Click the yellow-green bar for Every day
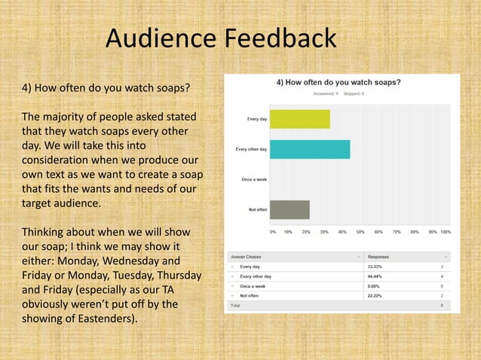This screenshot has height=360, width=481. (x=299, y=119)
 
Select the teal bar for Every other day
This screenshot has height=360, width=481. (x=309, y=149)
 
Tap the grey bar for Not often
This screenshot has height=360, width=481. (x=290, y=209)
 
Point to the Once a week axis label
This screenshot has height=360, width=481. (x=253, y=179)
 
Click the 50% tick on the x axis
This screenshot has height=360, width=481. (x=360, y=232)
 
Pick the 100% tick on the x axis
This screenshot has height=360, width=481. (x=445, y=232)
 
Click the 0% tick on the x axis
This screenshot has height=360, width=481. (x=272, y=232)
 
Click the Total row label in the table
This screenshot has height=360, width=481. (x=235, y=307)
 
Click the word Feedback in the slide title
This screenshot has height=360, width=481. (x=281, y=38)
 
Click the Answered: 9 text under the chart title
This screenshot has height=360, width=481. (x=324, y=93)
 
